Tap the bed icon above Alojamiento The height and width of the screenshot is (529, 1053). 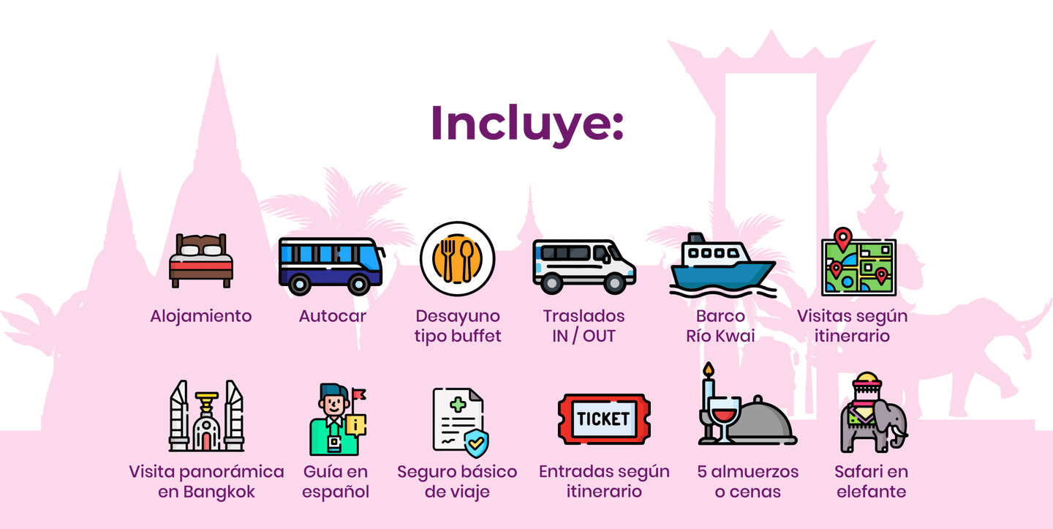click(201, 260)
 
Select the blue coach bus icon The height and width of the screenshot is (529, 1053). click(332, 266)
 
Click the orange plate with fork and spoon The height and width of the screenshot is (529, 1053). click(458, 259)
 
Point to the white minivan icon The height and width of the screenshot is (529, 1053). click(584, 266)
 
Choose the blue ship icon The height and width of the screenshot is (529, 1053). click(722, 265)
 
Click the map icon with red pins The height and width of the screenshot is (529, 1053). click(858, 263)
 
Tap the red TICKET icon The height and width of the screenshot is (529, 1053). click(604, 419)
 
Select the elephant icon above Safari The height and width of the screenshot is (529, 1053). click(873, 413)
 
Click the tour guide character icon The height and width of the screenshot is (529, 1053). click(338, 419)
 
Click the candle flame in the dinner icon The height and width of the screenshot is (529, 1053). click(709, 369)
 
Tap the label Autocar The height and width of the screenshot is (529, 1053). click(332, 316)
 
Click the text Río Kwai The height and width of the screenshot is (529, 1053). click(720, 336)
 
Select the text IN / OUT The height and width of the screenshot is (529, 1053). click(584, 337)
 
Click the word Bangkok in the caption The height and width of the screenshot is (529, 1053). click(219, 492)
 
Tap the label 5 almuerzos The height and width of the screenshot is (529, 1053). click(748, 472)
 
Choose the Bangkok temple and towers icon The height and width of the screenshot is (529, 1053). click(206, 416)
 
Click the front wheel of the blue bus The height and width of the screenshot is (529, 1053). click(358, 284)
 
